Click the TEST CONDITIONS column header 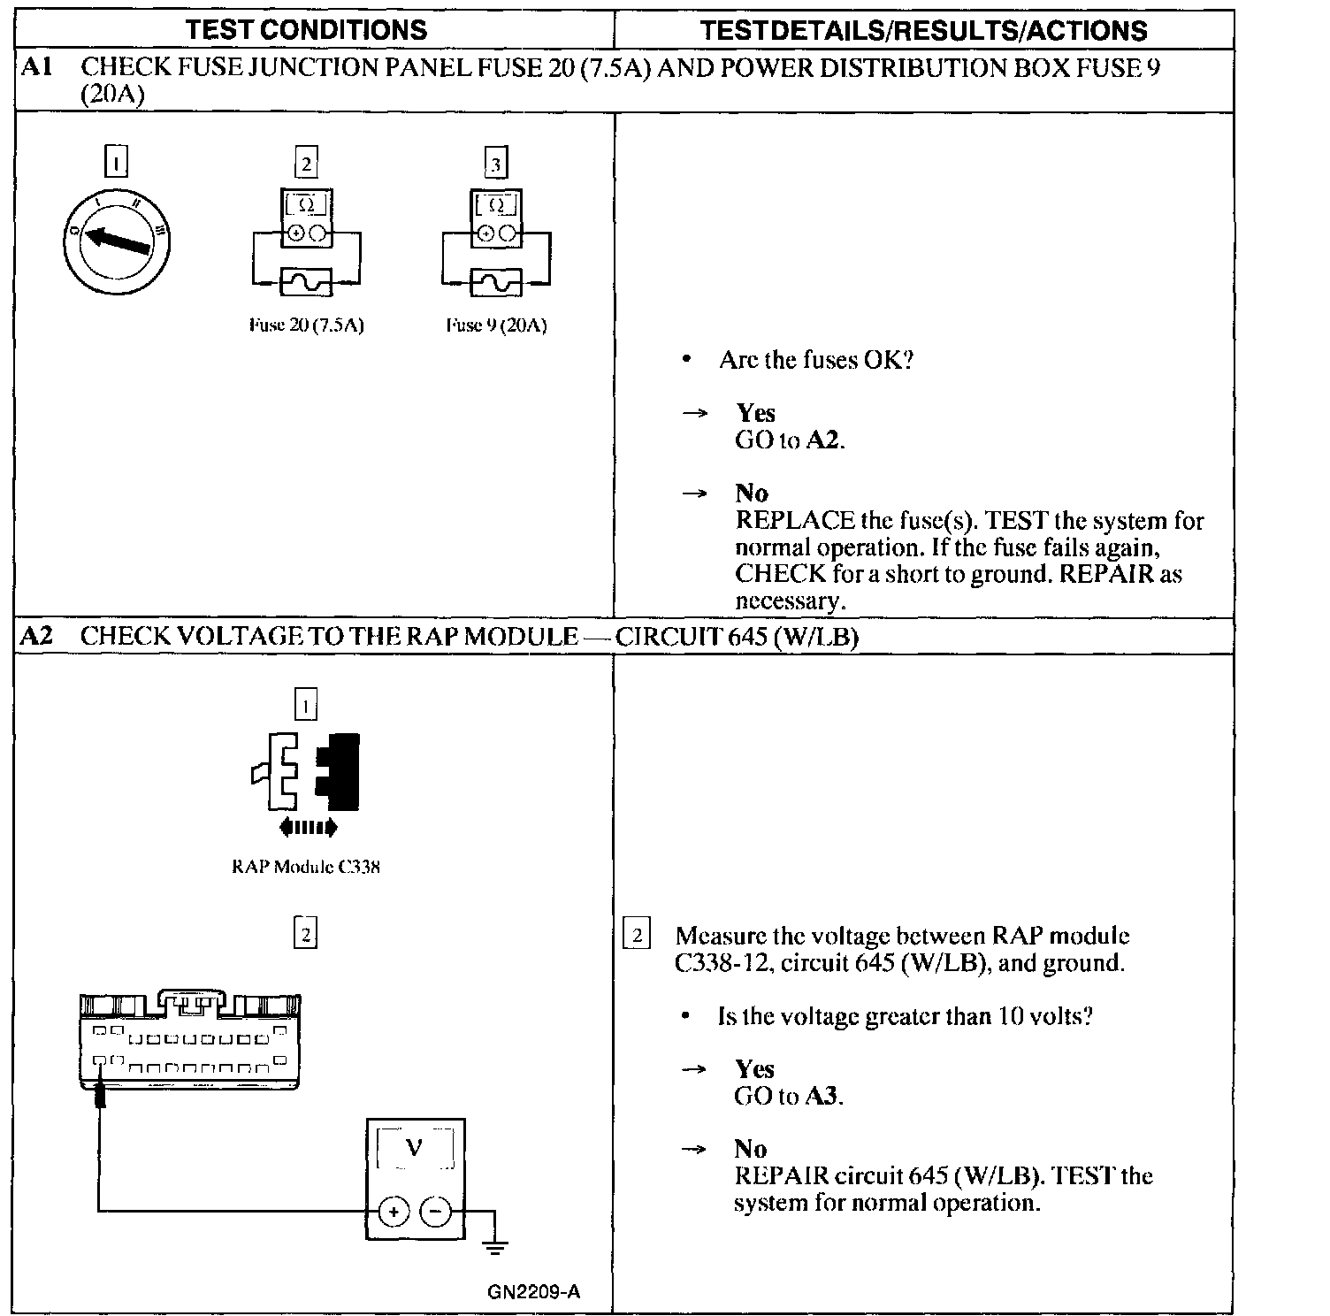[x=307, y=30]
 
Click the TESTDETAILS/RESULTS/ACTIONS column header [x=923, y=31]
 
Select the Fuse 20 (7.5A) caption [x=307, y=325]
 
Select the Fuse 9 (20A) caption [x=496, y=325]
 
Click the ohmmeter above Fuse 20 [x=306, y=218]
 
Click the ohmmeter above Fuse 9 [x=495, y=218]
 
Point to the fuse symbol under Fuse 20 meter [x=306, y=282]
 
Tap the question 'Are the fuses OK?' [x=815, y=360]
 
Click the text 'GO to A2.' [x=790, y=440]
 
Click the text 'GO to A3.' [x=789, y=1097]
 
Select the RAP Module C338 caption [x=306, y=867]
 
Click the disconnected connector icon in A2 [x=306, y=772]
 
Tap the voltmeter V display [x=415, y=1149]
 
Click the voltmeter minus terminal [x=435, y=1211]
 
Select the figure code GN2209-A [x=533, y=1292]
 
